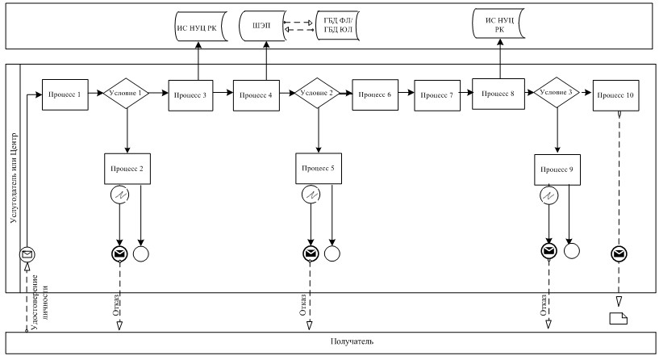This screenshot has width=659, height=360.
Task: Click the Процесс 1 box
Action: (65, 94)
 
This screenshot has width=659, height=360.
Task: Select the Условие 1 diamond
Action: (126, 94)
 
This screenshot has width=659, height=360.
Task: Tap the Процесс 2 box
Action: (127, 169)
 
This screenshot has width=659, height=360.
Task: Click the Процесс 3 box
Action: (191, 95)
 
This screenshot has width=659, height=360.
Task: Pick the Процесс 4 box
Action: (257, 95)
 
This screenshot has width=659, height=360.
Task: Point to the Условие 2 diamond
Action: (317, 93)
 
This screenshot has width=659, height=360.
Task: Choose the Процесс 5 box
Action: (319, 168)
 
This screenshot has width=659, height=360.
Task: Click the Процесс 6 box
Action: (375, 94)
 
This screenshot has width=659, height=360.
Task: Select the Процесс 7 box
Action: (437, 95)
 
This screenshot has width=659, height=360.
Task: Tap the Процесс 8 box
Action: (498, 94)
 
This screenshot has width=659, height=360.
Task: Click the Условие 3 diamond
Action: (557, 93)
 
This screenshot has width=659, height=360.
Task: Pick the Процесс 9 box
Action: (557, 170)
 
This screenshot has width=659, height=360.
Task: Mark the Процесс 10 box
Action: (616, 95)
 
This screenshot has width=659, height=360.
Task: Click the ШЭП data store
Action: (262, 26)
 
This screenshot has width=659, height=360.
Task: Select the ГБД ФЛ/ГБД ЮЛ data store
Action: (337, 26)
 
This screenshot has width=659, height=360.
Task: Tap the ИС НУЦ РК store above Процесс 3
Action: (201, 27)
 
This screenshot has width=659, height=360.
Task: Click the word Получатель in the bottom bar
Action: (352, 341)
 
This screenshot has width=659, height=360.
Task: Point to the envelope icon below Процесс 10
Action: (619, 253)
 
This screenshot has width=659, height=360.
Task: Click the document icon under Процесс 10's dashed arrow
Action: (618, 318)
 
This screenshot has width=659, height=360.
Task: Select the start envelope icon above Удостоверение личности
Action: (27, 254)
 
